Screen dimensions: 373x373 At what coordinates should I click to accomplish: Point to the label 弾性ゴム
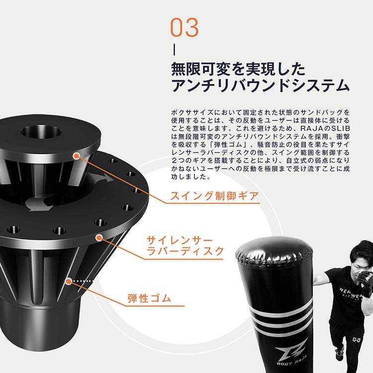(x=149, y=299)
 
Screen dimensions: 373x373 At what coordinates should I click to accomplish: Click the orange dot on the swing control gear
(x=76, y=156)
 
